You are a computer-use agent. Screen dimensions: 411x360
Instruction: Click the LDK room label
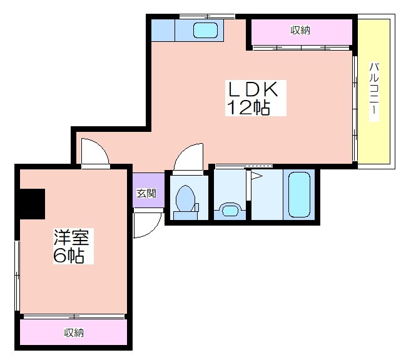pos(253,89)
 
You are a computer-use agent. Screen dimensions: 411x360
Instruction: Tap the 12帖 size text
pos(248,107)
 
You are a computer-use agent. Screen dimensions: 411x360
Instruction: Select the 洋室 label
pos(71,237)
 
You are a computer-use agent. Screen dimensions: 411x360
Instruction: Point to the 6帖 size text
pos(69,255)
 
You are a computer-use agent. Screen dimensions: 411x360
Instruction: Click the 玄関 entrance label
pos(146,193)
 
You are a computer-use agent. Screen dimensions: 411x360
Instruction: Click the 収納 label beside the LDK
pos(300,30)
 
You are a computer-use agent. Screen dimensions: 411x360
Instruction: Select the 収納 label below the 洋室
pos(74,332)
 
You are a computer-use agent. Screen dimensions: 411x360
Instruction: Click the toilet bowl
pos(185,199)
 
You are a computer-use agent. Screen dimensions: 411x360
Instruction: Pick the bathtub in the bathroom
pos(299,195)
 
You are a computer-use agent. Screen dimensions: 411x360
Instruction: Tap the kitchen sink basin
pos(205,30)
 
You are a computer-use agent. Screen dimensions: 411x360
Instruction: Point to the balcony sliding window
pos(355,108)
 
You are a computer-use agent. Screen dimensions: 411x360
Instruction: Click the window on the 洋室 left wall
pos(17,276)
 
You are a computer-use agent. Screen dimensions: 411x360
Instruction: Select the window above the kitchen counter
pos(207,17)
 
